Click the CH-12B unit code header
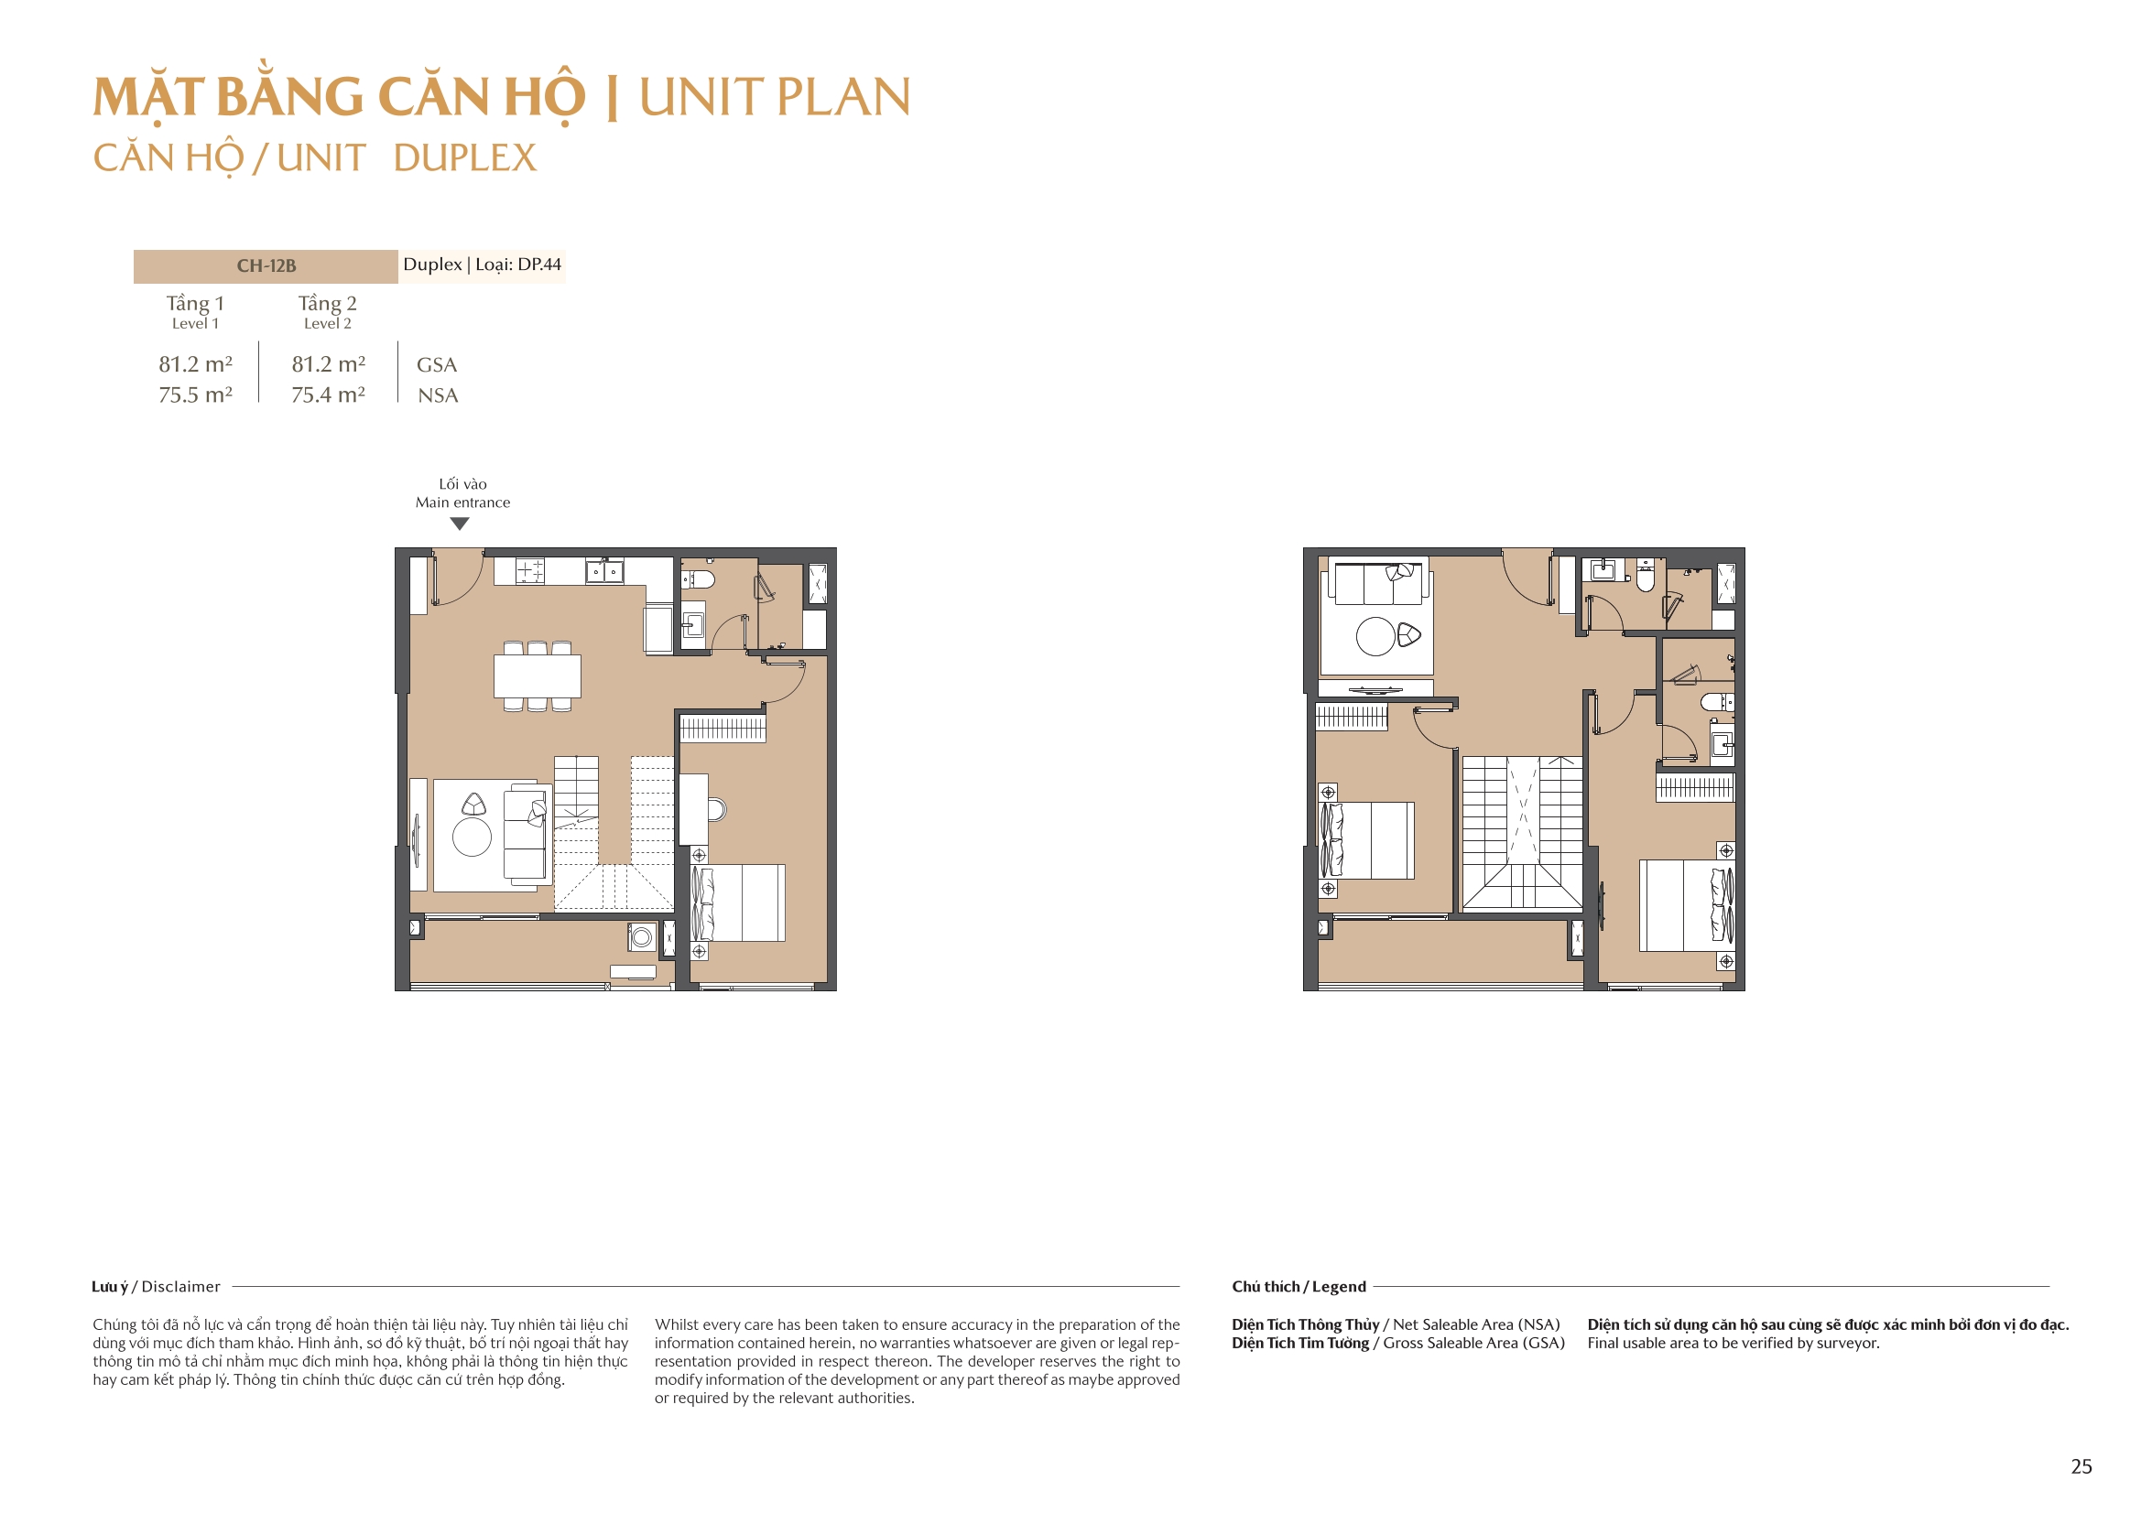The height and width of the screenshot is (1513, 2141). pos(266,265)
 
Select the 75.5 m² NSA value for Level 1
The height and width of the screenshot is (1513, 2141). pos(195,395)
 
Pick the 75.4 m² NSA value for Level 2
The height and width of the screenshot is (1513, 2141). pos(327,395)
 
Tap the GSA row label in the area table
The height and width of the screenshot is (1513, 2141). pos(437,364)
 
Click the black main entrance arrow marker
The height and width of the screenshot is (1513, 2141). pos(460,524)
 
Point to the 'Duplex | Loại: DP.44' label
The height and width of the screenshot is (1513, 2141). pos(482,265)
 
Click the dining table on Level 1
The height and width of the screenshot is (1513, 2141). pos(538,675)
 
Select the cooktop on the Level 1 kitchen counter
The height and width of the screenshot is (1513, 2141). pos(529,569)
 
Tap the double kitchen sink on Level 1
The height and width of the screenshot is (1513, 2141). pos(604,570)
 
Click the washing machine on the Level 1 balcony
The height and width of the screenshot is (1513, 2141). pos(642,936)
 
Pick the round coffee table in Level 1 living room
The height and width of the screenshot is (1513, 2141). pos(472,837)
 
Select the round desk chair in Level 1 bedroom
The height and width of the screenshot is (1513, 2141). pos(716,809)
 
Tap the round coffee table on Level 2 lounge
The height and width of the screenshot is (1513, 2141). pos(1375,637)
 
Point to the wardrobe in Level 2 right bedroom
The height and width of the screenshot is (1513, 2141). pos(1694,787)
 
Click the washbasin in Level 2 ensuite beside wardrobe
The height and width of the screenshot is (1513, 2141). pos(1722,745)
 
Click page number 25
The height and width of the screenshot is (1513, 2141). pos(2081,1466)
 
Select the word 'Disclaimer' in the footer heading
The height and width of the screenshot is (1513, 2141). pos(181,1287)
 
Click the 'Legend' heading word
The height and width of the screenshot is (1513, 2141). pos(1339,1287)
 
